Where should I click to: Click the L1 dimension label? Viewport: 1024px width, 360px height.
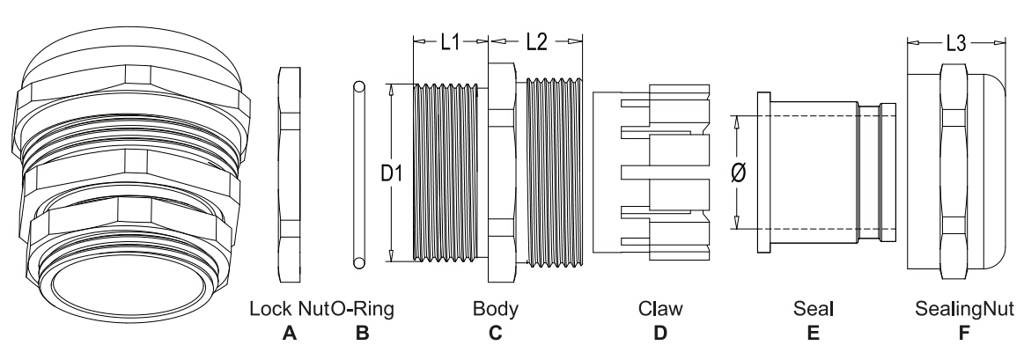click(x=450, y=42)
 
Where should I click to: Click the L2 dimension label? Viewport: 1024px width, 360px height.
click(x=536, y=42)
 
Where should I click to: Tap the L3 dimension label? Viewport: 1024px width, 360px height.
click(x=956, y=44)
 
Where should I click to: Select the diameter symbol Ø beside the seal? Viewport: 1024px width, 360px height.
click(x=740, y=173)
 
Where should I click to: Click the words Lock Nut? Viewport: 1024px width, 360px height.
click(x=290, y=308)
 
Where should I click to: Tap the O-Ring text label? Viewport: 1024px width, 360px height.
click(x=363, y=308)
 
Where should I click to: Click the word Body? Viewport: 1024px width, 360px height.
click(x=495, y=308)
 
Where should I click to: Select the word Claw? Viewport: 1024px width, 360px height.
click(x=660, y=308)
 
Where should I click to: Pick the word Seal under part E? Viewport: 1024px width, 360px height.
click(x=813, y=308)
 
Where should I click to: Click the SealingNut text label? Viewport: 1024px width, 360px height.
click(x=965, y=308)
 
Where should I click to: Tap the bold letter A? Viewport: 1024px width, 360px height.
click(x=290, y=334)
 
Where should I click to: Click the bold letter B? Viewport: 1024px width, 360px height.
click(x=363, y=334)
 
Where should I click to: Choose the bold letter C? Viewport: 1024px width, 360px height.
click(x=495, y=334)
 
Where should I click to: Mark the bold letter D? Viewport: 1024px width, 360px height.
click(x=660, y=334)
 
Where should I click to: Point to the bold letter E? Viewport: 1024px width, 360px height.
click(x=813, y=334)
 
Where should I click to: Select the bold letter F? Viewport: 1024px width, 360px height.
click(x=965, y=334)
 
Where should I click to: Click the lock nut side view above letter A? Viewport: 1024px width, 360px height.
click(x=290, y=174)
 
